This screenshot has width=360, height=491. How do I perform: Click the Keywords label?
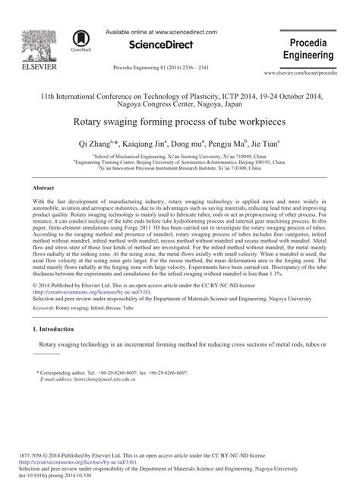[x=43, y=309]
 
